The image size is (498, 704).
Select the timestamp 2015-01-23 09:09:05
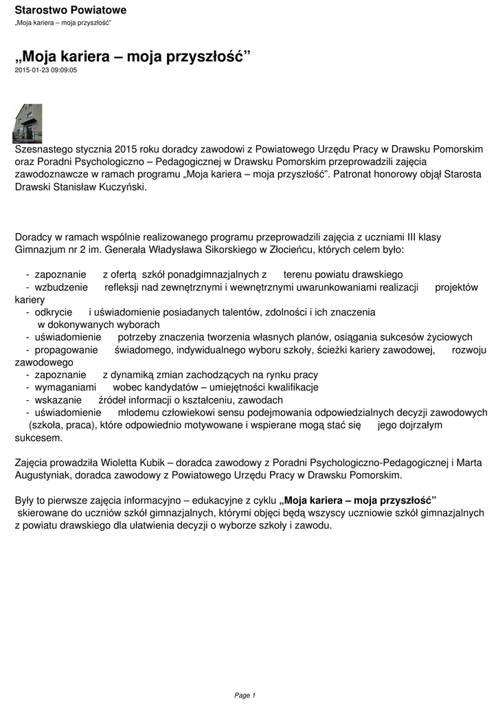pos(46,69)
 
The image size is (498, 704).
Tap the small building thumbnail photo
pos(28,123)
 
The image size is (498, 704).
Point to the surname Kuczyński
pos(123,186)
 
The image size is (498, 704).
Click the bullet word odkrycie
pos(54,312)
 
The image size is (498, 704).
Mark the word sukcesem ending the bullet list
pos(38,437)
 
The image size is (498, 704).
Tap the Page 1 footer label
pos(245,695)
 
